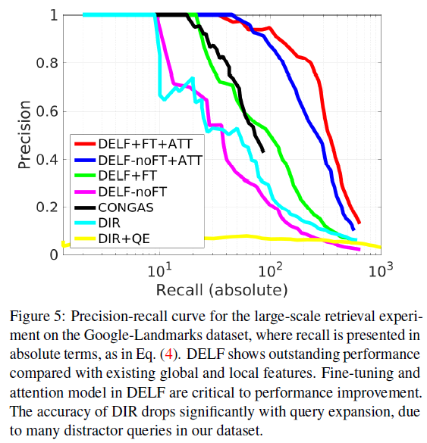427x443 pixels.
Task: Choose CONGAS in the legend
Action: click(126, 207)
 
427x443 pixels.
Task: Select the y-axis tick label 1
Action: click(51, 15)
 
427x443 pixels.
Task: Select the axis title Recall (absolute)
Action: click(221, 290)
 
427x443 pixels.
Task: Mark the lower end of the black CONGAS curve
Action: click(262, 151)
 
